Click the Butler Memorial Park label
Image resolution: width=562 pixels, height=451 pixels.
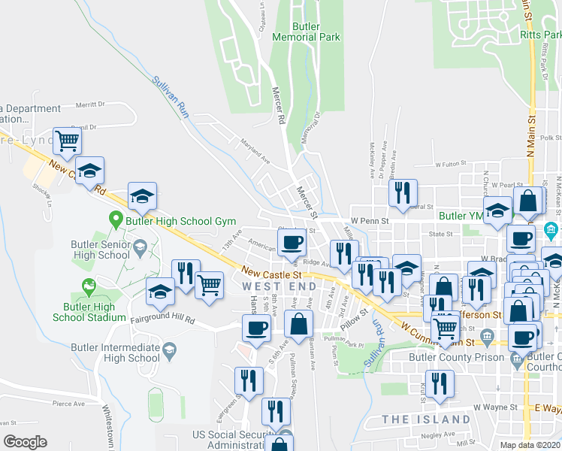(306, 32)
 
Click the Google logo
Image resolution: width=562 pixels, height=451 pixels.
(25, 442)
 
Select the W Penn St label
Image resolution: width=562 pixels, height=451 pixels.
(371, 222)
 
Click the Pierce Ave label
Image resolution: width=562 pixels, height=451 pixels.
(69, 404)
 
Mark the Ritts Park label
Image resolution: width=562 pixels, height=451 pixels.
(539, 35)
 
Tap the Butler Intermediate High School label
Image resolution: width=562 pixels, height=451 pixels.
(115, 353)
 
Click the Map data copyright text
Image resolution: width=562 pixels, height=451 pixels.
(530, 445)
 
